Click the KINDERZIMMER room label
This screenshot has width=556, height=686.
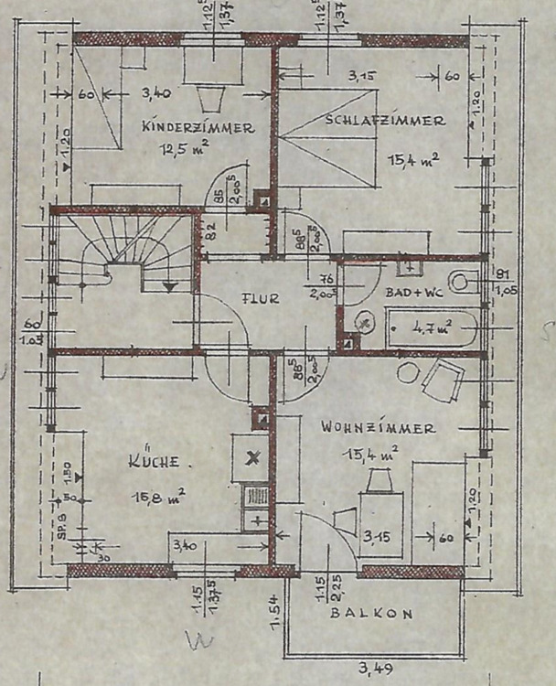click(198, 129)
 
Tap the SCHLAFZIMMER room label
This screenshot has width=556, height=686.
click(384, 121)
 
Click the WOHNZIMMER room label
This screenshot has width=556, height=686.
click(378, 427)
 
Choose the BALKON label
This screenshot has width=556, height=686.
click(371, 614)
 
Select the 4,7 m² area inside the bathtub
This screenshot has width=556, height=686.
click(431, 327)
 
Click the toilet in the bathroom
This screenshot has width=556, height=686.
click(461, 282)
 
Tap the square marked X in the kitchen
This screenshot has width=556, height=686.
click(253, 457)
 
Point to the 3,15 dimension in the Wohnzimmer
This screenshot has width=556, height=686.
click(377, 538)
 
